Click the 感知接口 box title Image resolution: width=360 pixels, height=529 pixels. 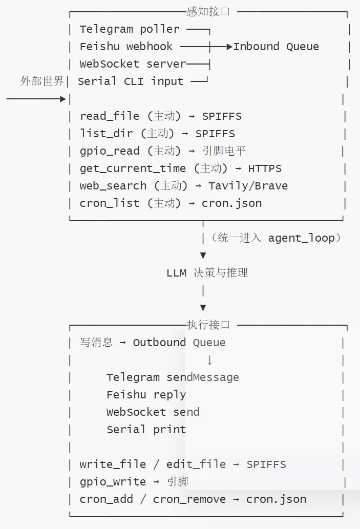pos(208,11)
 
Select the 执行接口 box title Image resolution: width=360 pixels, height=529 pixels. pos(208,325)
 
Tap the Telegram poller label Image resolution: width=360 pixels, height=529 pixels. pos(129,29)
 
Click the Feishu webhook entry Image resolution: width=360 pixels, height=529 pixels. pos(126,47)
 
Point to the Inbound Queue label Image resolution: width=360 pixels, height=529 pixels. pos(276,47)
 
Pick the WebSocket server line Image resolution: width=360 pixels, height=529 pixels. pos(133,64)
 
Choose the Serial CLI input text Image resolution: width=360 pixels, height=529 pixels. pos(131,81)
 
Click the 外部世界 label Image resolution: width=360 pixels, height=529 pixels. pos(42,81)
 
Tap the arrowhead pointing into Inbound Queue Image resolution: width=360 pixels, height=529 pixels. pos(230,47)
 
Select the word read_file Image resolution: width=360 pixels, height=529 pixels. pos(109,116)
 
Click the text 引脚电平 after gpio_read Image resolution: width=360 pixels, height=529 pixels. pos(224,151)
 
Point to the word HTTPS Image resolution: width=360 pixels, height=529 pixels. pos(265,168)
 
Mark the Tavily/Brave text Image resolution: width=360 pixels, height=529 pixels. pos(248,186)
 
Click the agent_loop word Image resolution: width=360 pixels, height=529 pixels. pos(301,238)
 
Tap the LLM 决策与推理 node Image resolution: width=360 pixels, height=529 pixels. pos(207,272)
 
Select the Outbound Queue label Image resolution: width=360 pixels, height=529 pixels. pos(179,343)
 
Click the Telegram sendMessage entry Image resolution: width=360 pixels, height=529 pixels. pos(173,377)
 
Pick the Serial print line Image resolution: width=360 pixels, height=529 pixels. pos(146,430)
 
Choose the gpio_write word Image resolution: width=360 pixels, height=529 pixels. pos(113,482)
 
